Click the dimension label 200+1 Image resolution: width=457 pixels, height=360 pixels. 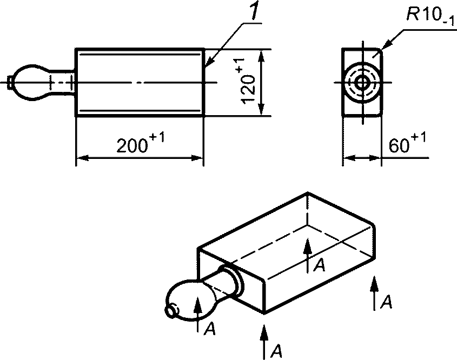click(x=141, y=142)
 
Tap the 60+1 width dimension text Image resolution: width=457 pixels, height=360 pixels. click(x=407, y=143)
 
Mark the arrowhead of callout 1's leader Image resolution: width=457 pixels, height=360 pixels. click(x=209, y=62)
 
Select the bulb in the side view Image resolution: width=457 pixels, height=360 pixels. click(x=31, y=83)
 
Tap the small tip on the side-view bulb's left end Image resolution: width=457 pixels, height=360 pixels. click(x=10, y=82)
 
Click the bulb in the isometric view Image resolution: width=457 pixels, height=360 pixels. click(x=189, y=300)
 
